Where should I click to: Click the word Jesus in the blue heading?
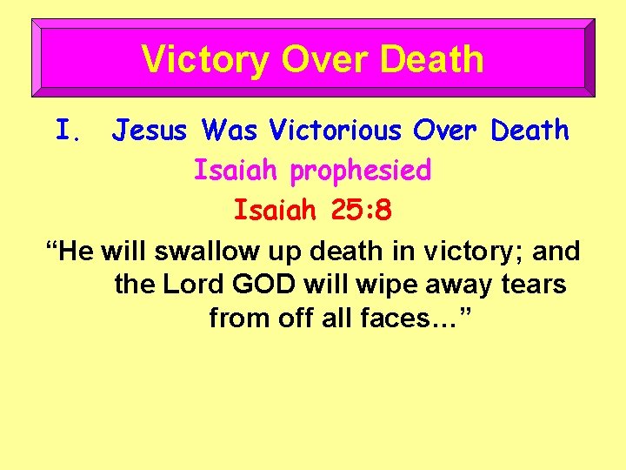point(150,131)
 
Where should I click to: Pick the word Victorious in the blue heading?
point(336,131)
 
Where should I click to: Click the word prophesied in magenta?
point(361,171)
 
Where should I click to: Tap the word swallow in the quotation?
point(200,252)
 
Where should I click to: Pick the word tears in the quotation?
point(536,285)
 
